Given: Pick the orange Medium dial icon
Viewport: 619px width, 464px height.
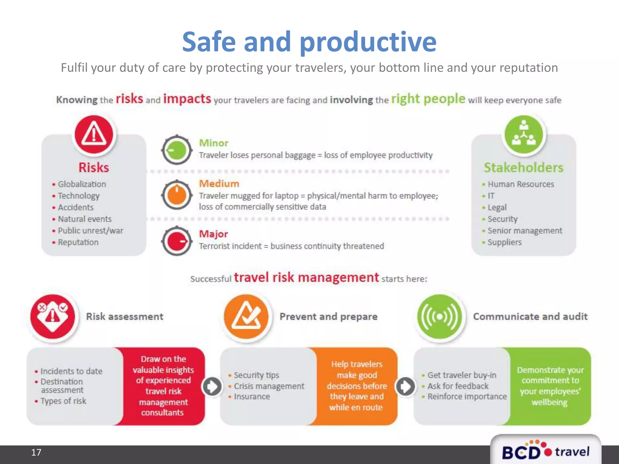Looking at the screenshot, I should point(177,195).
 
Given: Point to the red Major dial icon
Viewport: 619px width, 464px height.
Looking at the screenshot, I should point(177,241).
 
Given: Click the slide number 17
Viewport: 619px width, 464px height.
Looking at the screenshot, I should point(36,452).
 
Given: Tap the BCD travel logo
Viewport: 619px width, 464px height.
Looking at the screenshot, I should point(546,451).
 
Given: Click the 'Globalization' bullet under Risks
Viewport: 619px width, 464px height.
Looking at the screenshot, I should point(82,184).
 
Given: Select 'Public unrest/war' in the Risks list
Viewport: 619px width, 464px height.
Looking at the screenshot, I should point(90,230).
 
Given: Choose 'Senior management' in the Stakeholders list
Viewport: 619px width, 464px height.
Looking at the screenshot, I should point(525,230).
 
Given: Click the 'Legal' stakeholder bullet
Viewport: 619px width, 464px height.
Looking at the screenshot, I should point(497,208).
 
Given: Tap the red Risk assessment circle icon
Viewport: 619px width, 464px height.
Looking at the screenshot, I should point(53,317).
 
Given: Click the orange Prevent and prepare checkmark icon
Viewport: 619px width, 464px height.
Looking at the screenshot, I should point(246,317).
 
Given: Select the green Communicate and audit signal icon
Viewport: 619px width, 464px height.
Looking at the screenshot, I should point(440,317).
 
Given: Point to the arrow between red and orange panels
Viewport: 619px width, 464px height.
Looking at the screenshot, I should point(212,386).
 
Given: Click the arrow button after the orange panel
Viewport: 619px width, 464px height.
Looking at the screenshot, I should point(405,386).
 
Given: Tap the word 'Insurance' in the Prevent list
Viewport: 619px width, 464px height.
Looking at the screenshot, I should point(252,396).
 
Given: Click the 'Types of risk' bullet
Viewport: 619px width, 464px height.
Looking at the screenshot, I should point(63,401).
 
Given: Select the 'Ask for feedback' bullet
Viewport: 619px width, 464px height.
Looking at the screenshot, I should point(458,386).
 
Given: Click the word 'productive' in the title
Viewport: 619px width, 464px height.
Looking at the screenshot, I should point(368,42).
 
